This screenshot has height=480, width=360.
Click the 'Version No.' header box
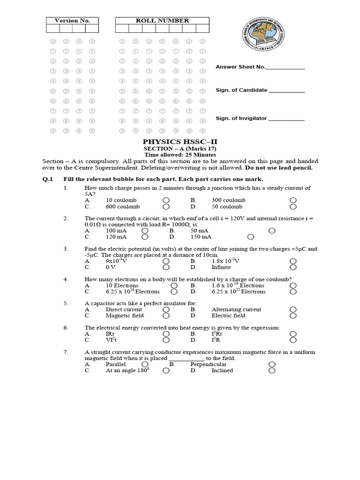point(72,21)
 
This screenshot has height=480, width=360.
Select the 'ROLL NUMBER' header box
point(162,21)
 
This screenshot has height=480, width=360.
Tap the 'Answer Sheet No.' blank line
point(285,67)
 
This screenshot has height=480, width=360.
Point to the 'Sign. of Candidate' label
point(241,90)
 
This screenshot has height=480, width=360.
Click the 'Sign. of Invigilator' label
point(241,119)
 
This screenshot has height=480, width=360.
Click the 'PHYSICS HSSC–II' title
point(180,142)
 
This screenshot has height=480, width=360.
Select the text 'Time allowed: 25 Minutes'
point(180,155)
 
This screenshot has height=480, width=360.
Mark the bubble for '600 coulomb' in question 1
point(166,206)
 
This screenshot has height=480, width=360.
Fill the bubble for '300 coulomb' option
point(293,200)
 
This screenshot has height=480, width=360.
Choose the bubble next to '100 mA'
point(145,231)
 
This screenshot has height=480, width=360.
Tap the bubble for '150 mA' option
point(251,237)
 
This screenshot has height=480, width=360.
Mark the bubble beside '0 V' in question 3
point(166,267)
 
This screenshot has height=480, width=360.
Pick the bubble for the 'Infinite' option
point(293,267)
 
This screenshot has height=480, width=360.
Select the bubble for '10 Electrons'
point(174,285)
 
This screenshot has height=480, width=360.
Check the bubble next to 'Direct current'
point(166,310)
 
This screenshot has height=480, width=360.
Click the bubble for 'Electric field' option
point(293,316)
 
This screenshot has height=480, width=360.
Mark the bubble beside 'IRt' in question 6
point(166,334)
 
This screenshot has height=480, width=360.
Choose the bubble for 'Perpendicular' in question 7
point(271,364)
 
